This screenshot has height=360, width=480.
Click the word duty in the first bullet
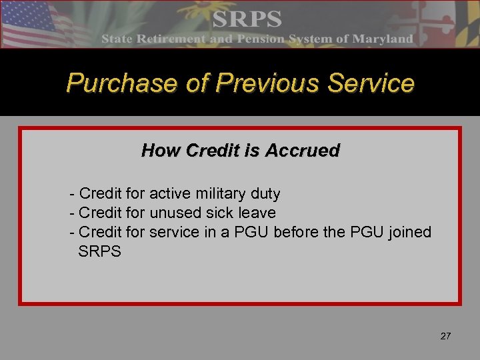point(266,194)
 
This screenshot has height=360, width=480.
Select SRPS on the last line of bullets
point(100,252)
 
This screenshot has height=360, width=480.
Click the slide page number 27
point(445,336)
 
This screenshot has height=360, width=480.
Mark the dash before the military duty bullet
point(72,194)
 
